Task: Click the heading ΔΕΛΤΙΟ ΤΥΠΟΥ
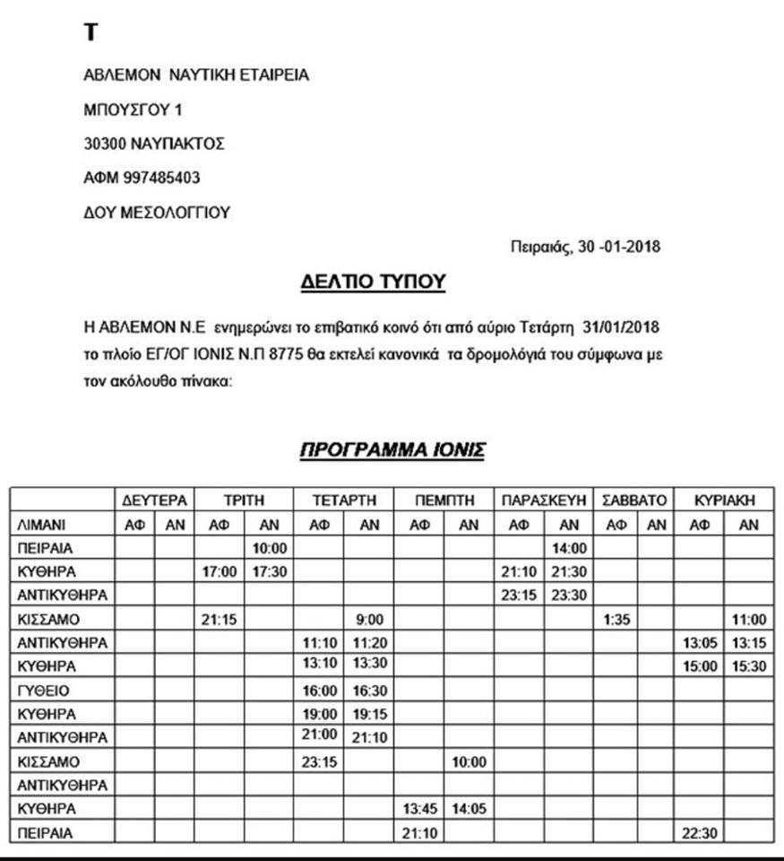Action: [x=373, y=283]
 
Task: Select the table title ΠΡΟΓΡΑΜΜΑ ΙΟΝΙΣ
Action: [x=392, y=449]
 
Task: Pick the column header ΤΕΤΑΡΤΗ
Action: [x=344, y=500]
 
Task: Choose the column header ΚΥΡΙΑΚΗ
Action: [x=725, y=500]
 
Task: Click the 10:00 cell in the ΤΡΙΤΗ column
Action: [x=269, y=548]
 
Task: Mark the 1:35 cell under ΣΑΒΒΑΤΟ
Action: [x=616, y=619]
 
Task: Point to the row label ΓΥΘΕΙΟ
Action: [x=44, y=691]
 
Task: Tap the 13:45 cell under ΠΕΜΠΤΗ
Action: [x=419, y=809]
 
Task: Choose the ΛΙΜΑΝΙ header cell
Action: [x=44, y=524]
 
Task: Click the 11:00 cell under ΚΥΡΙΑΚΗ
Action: [x=750, y=619]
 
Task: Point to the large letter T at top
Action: [x=90, y=33]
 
